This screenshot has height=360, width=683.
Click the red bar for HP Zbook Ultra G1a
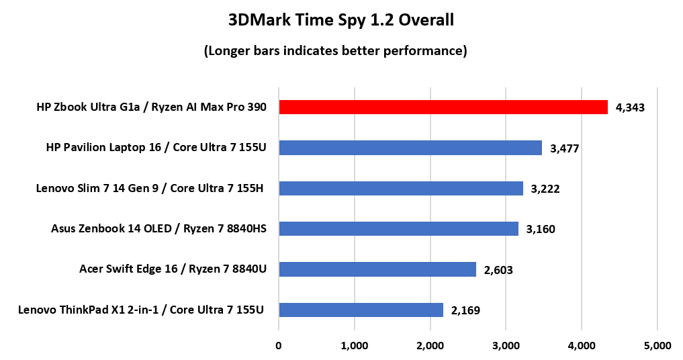click(x=443, y=107)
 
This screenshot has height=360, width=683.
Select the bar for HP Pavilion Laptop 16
click(x=410, y=148)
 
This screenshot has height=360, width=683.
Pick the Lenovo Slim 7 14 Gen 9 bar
click(x=401, y=188)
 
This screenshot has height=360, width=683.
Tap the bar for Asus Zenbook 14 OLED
click(x=398, y=229)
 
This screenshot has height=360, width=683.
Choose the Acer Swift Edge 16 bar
click(x=377, y=269)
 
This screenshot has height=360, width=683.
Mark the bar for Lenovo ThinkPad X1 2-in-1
click(x=361, y=310)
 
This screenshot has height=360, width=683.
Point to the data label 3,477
click(x=564, y=148)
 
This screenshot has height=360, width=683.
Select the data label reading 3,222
click(x=545, y=189)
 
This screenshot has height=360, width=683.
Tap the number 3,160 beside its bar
click(x=541, y=230)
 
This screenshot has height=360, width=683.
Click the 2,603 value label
click(x=498, y=270)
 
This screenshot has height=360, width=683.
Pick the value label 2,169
click(x=465, y=310)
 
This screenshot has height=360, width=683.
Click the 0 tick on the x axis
click(x=279, y=346)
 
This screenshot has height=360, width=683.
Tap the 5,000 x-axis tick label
click(x=657, y=346)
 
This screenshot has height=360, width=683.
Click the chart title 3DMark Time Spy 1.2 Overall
click(x=341, y=21)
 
